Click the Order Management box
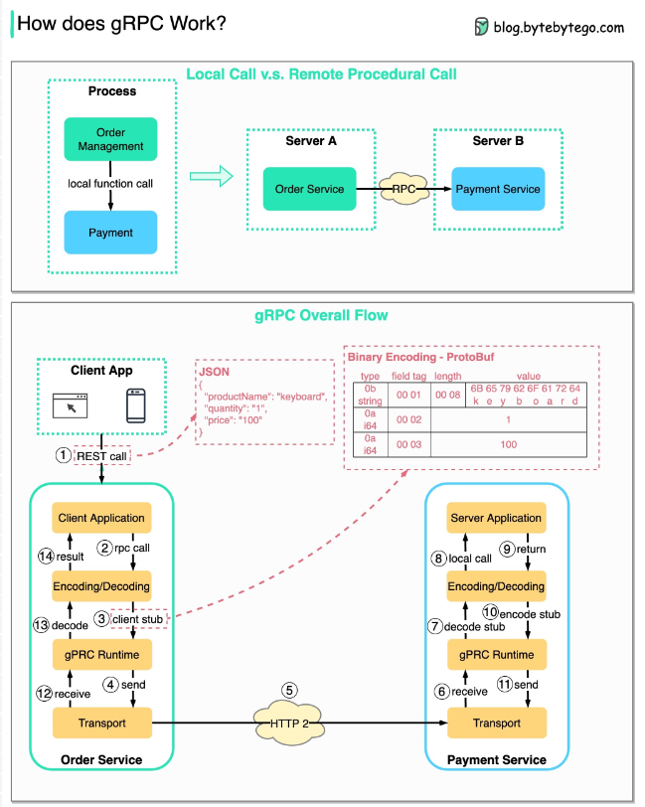(110, 140)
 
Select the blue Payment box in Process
(110, 233)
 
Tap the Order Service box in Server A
(309, 189)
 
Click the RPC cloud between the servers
(403, 189)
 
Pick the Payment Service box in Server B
(497, 189)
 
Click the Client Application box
(101, 518)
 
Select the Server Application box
(496, 518)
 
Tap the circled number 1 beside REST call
(64, 455)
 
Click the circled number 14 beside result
(43, 557)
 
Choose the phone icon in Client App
(137, 406)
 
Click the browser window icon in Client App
(69, 406)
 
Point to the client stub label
(138, 620)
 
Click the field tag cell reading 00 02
(408, 419)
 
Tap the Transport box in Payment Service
(496, 723)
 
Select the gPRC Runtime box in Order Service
(101, 655)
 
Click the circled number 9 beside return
(505, 548)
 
